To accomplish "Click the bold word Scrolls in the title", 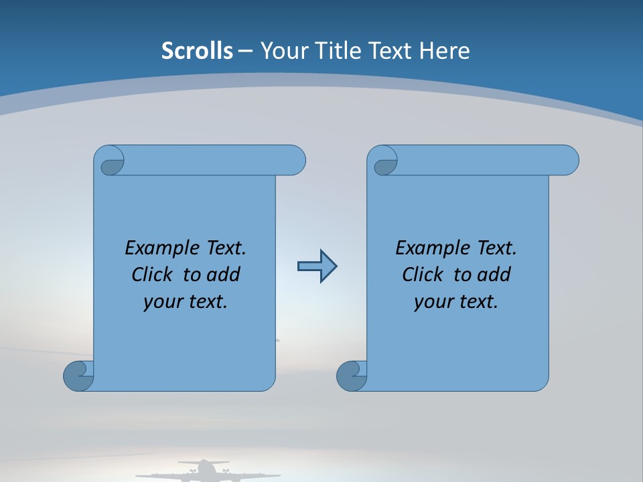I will (x=197, y=51).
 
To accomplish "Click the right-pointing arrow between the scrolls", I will (x=317, y=266).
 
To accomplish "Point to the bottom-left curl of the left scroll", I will (x=78, y=376).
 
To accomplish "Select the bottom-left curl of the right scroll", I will (x=352, y=376).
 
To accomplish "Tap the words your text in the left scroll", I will (x=186, y=301).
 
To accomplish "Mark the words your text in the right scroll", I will (x=456, y=301).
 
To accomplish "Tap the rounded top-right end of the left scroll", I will (x=295, y=161).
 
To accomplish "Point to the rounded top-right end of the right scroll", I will (x=568, y=161).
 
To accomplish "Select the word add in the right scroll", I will (x=494, y=274).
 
